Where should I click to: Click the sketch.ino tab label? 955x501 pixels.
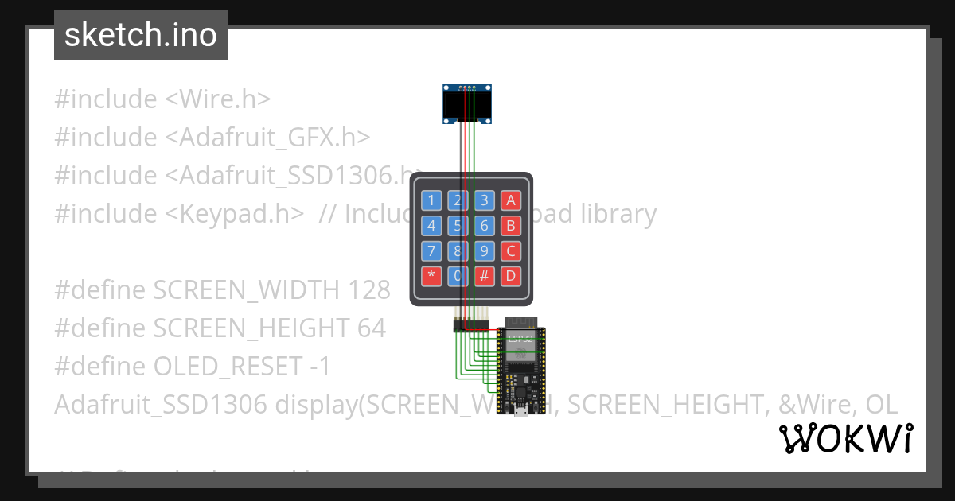tap(141, 35)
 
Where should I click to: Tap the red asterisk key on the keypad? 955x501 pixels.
tap(431, 277)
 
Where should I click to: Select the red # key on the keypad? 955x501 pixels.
tap(484, 277)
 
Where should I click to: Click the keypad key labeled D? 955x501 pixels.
tap(510, 277)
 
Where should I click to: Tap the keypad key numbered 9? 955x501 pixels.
tap(484, 251)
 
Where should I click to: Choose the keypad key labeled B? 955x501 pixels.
tap(510, 226)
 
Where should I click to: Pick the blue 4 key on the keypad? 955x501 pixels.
tap(431, 226)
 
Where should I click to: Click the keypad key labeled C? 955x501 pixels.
tap(510, 251)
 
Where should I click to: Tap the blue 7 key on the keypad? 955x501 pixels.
tap(431, 251)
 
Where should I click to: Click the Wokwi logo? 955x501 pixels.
tap(845, 439)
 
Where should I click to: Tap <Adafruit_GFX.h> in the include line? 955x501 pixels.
tap(267, 138)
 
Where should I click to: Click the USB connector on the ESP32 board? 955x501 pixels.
tap(519, 411)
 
